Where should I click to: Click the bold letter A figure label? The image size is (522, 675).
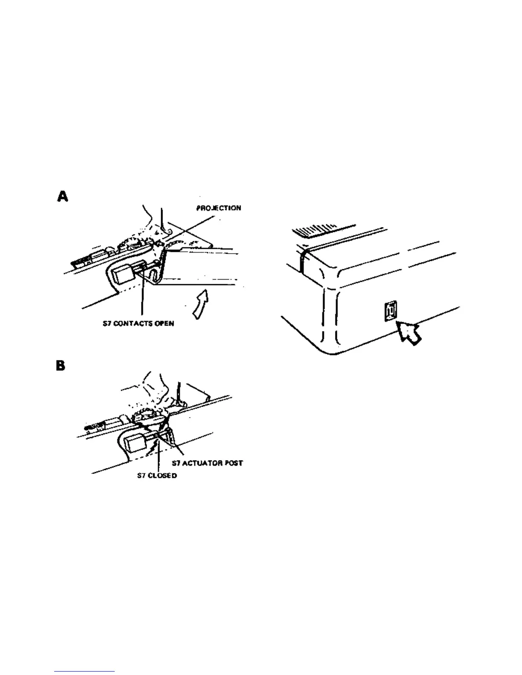pos(62,196)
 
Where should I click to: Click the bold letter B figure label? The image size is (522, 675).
pos(61,366)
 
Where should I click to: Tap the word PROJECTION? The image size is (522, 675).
pos(218,208)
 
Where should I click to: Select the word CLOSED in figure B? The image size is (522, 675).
pos(162,475)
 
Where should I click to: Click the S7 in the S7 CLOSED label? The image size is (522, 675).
pos(141,475)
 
